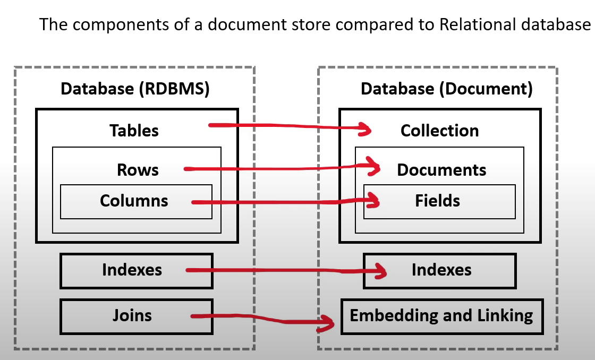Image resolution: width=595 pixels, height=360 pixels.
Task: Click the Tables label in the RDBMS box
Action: coord(134,131)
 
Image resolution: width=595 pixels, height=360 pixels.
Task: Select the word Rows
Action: coord(138,170)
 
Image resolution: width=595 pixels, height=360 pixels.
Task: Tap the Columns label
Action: coord(134,201)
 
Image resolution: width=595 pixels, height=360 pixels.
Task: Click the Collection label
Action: coord(439,131)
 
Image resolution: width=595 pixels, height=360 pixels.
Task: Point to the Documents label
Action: coord(441,170)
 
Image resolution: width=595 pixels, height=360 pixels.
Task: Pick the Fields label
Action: coord(438,201)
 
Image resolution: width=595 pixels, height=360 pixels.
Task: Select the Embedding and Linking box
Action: coord(441,316)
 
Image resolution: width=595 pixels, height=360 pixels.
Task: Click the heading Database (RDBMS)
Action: coord(135,89)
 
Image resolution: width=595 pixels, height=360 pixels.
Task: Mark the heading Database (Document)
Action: coord(446,89)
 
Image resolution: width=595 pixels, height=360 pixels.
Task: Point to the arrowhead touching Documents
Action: coord(377,168)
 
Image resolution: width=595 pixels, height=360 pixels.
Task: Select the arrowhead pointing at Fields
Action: coord(376,200)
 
